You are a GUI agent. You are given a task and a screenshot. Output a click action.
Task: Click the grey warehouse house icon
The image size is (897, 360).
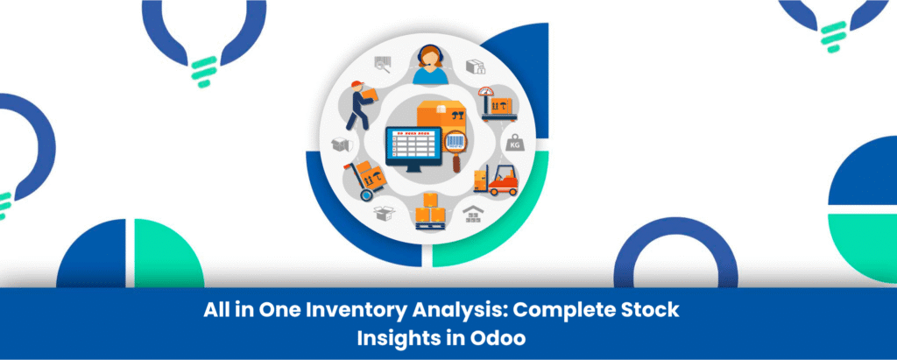[x=476, y=212]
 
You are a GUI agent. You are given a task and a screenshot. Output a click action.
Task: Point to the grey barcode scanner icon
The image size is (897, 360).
[x=383, y=64]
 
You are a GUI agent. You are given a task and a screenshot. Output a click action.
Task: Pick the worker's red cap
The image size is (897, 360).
[x=357, y=85]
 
